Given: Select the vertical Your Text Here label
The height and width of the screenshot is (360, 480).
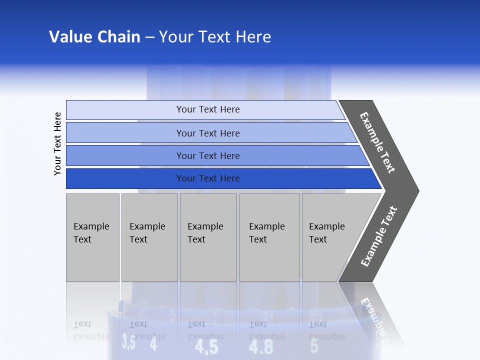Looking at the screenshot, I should [x=57, y=143].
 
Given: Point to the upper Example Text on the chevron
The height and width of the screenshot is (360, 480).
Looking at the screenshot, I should [x=377, y=142].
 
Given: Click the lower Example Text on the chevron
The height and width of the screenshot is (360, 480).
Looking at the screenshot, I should [x=378, y=236].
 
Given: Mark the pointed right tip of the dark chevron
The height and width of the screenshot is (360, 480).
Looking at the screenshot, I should [x=417, y=191].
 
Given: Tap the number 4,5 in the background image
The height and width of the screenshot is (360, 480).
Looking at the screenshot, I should [x=206, y=346].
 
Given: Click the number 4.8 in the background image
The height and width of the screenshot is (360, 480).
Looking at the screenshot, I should [x=261, y=346].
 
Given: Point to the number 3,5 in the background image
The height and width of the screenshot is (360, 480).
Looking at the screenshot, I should [x=128, y=343].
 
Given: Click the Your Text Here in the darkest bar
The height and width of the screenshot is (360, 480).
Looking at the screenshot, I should [x=208, y=178].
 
